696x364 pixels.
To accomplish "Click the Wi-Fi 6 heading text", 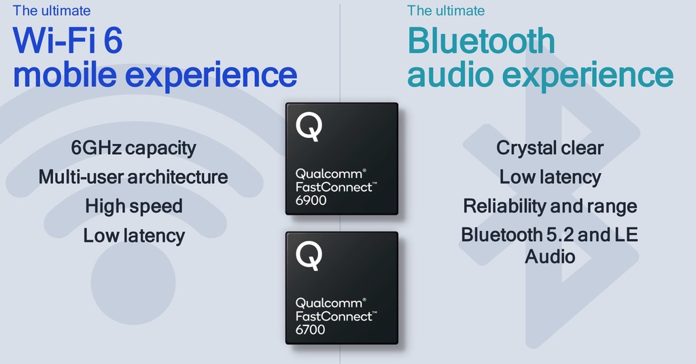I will coord(68,41).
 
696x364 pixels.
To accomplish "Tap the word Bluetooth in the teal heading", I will coord(481,41).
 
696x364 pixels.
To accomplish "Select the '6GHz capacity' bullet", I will coord(133,147).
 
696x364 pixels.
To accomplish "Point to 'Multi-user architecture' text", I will coord(133,177).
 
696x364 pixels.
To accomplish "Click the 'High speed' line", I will coord(134,206).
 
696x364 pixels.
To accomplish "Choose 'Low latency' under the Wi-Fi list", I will coord(134,236).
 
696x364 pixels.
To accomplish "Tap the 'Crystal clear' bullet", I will coord(550,147).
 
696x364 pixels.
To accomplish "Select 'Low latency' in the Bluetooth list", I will coord(550,177).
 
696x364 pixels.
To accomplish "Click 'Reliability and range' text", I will coord(550,206).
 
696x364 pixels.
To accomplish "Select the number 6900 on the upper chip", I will coord(311,200).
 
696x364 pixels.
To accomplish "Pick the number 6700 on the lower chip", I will coord(311,329).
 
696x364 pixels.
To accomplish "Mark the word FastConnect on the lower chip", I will coord(334,316).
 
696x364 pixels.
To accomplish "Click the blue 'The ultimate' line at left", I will coord(52,11).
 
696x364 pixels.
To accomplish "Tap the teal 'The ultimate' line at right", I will coord(446,11).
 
